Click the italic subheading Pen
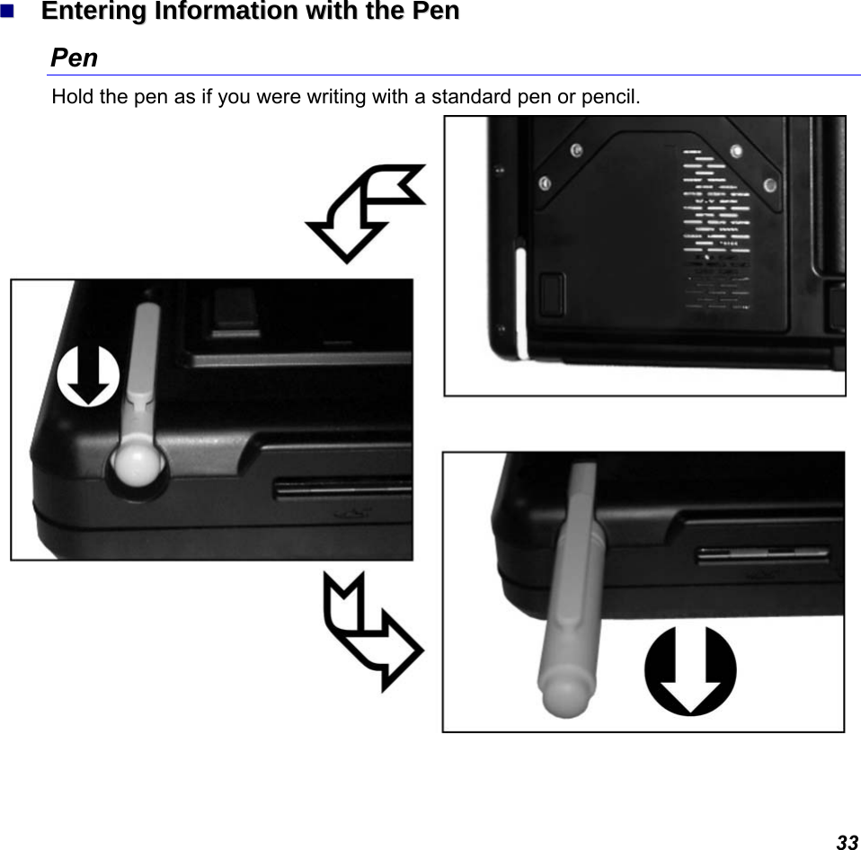coord(75,58)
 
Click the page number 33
coord(847,842)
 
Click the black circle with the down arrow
coord(690,671)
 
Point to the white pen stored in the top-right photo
coord(520,301)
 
